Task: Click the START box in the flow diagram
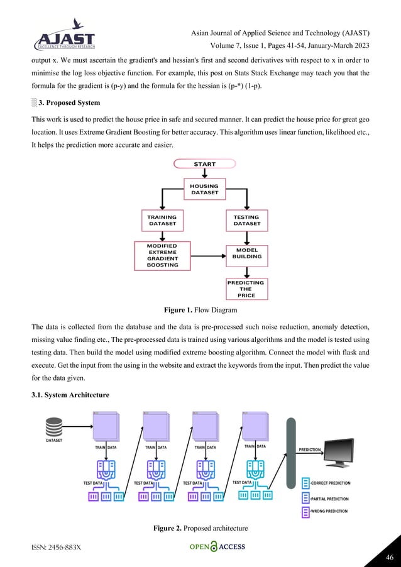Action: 205,164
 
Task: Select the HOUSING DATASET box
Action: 204,189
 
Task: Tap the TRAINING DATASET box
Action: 162,221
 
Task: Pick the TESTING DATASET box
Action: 246,221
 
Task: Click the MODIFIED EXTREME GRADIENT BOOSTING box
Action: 162,255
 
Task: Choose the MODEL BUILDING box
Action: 246,254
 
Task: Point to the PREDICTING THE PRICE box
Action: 246,289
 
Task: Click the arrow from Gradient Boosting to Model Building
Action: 207,256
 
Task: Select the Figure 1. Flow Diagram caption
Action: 200,310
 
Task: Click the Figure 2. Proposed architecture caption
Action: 200,527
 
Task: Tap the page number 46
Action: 388,556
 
